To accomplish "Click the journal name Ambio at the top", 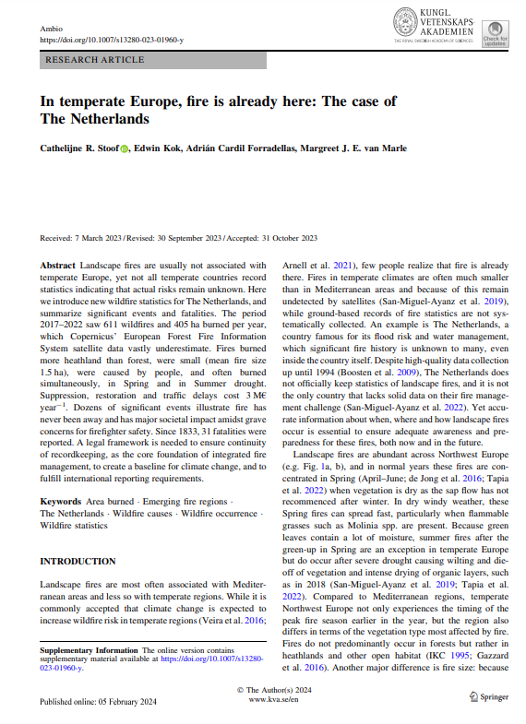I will pos(52,29).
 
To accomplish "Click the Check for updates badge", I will pos(495,32).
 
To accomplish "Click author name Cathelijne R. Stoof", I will pos(78,149).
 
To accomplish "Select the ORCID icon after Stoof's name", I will pos(126,149).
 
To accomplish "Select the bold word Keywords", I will pos(60,501).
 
